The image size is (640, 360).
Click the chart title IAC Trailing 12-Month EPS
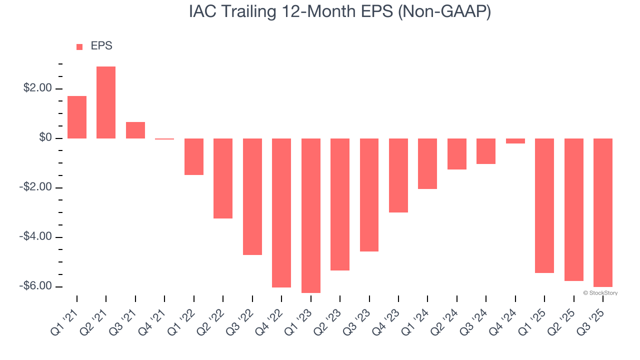340,12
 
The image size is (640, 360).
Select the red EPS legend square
79,46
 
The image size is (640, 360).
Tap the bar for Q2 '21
106,102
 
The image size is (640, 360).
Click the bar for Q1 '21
77,117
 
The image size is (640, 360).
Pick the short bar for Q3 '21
135,130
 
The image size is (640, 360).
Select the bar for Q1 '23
310,215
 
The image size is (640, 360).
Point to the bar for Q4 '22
281,213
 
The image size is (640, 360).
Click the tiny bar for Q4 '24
515,141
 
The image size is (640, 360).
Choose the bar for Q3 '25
602,212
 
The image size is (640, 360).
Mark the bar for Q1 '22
194,156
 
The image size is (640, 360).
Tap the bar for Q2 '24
456,154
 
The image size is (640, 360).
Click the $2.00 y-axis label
37,88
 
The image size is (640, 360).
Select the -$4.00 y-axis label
35,236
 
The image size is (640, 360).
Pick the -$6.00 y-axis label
35,286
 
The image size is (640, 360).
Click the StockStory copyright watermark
600,293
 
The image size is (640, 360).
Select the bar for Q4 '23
398,175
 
